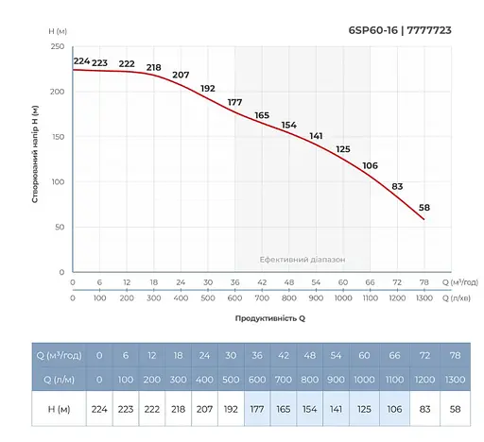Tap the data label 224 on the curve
[x=81, y=61]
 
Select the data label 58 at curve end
[x=424, y=207]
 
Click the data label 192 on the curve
[x=208, y=88]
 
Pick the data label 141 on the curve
[x=317, y=136]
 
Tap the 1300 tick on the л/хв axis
[x=423, y=297]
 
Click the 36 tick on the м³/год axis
[x=234, y=282]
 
